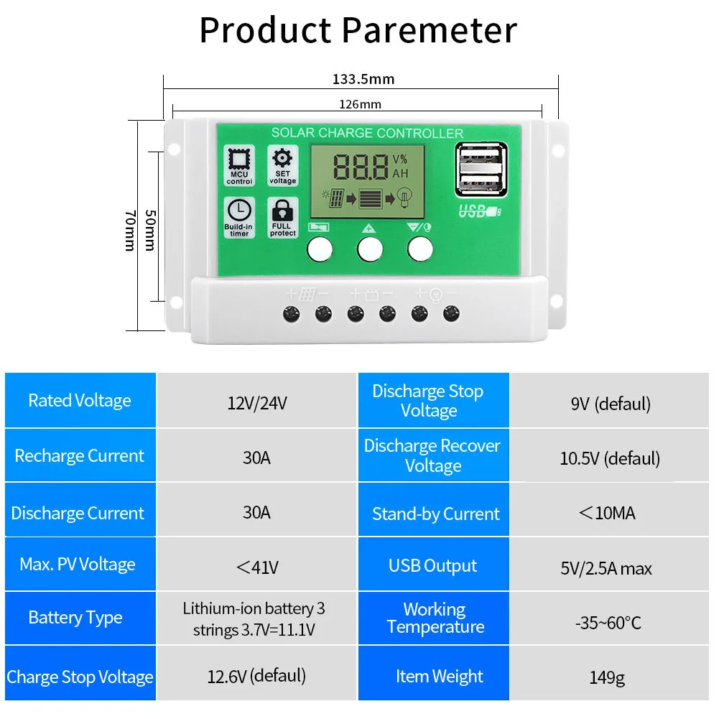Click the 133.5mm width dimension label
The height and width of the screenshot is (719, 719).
coord(363,79)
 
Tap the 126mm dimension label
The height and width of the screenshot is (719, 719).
coord(360,104)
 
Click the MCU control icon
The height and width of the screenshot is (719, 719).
coord(239,165)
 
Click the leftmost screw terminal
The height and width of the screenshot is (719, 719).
coord(292,313)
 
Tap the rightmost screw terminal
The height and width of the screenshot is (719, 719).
coord(451,313)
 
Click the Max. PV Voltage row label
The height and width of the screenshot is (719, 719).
coord(78,565)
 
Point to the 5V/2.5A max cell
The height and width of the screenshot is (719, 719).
coord(606,569)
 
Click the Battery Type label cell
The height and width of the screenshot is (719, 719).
coord(75,618)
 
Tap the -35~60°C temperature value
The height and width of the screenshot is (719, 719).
coord(608,623)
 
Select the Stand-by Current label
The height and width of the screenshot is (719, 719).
coord(435,514)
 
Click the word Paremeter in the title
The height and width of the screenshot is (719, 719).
coord(430,30)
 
